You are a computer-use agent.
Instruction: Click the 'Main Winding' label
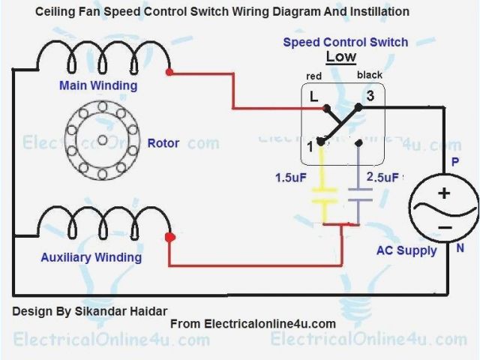[98, 85]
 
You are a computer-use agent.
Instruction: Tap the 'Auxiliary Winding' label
[91, 257]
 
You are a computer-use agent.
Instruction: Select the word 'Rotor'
[163, 142]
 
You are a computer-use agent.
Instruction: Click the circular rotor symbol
[102, 140]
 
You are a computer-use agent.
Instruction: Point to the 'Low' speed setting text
[341, 57]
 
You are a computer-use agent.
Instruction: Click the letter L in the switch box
[313, 95]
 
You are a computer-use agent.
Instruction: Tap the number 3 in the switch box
[370, 95]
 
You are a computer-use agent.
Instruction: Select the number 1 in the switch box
[311, 146]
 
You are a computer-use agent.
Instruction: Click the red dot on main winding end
[169, 73]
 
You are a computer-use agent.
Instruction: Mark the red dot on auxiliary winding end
[169, 238]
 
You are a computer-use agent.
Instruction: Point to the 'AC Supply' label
[406, 250]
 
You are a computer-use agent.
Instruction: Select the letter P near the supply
[454, 161]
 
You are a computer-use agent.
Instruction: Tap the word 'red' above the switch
[313, 77]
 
